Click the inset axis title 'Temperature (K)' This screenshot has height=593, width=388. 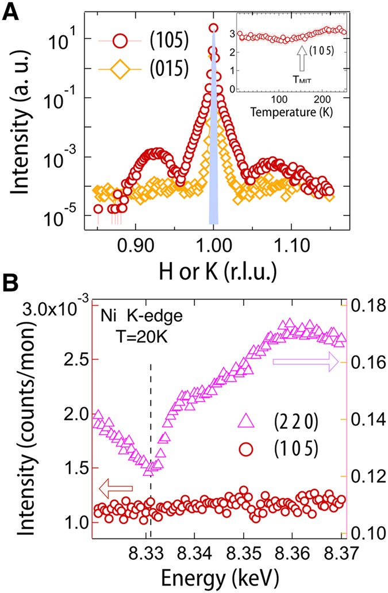[291, 110]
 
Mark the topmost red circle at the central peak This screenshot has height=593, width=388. [213, 28]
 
